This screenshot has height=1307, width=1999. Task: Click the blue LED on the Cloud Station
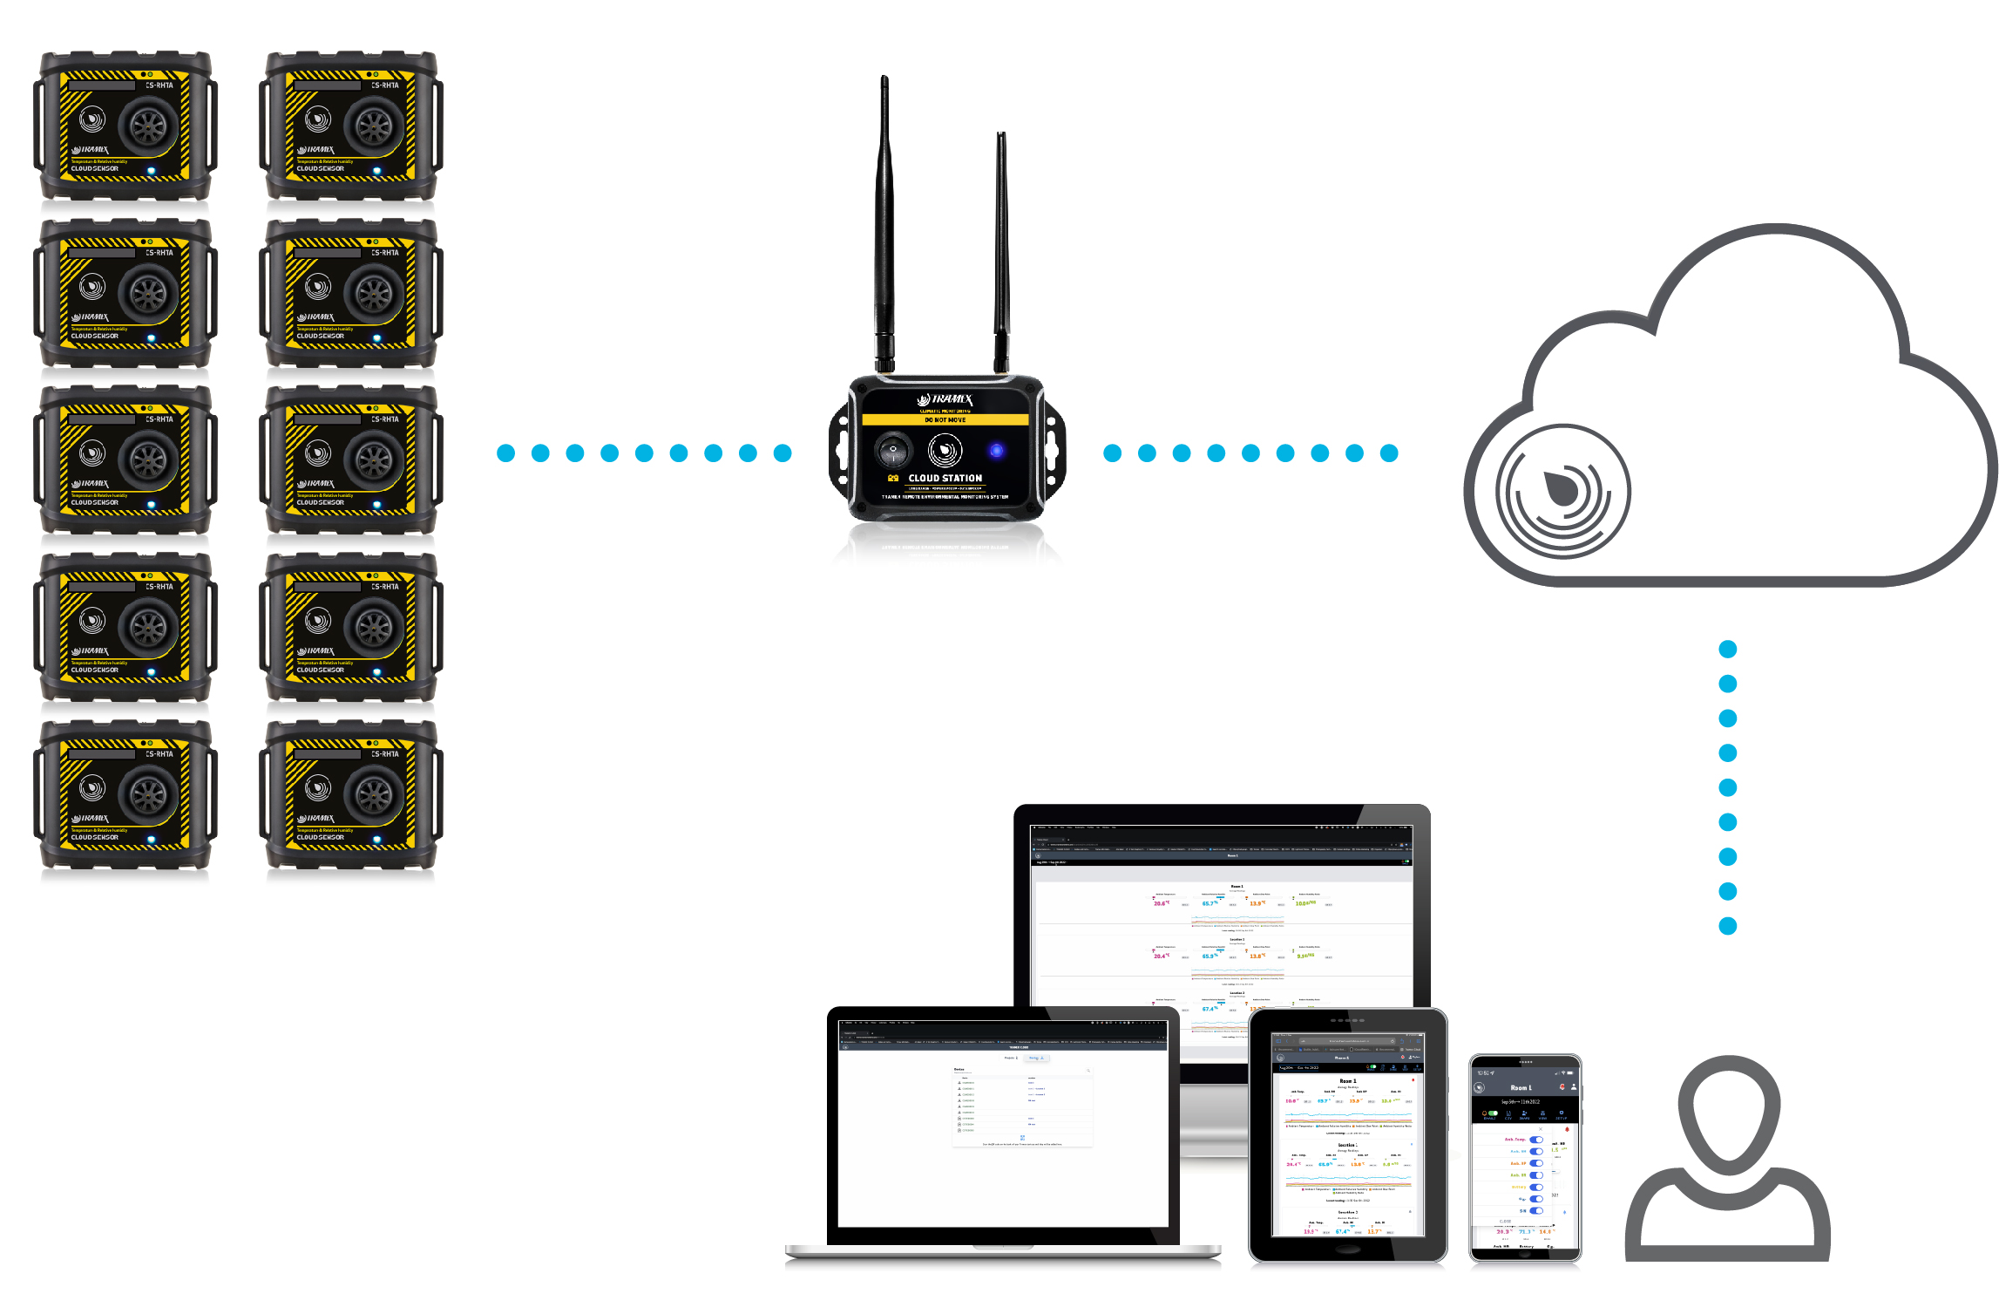click(996, 451)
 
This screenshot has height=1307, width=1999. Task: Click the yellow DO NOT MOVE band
click(945, 420)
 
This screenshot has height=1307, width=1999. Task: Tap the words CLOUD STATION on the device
click(945, 478)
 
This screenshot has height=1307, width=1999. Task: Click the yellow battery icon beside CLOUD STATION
click(893, 478)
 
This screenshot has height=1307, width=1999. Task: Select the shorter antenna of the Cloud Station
click(1002, 253)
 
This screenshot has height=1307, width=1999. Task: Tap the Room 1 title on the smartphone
click(1520, 1088)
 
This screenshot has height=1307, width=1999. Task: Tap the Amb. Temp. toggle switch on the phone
click(1535, 1140)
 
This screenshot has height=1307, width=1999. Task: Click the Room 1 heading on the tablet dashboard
click(1347, 1081)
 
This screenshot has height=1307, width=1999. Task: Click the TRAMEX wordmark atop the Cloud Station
click(946, 399)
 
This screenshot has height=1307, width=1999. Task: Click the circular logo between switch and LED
click(945, 451)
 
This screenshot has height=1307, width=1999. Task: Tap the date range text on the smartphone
click(1520, 1102)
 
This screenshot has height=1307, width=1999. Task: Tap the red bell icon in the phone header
click(1562, 1087)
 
